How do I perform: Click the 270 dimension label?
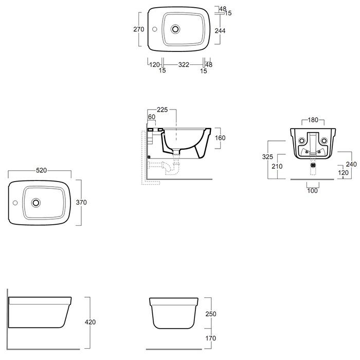139,29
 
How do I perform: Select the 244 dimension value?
220,30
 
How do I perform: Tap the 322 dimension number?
184,65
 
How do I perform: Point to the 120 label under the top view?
154,65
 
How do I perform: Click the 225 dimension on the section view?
163,110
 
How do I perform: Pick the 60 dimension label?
152,117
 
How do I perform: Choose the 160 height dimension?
220,138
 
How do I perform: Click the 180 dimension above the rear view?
313,120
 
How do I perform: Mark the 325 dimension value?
267,156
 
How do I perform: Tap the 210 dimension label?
277,166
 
